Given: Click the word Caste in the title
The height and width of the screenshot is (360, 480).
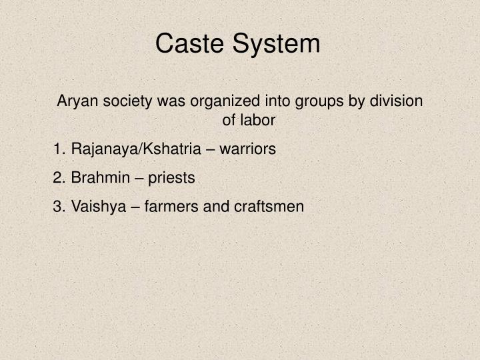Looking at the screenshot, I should pyautogui.click(x=191, y=44).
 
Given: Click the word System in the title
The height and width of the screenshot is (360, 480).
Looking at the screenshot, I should pyautogui.click(x=276, y=44).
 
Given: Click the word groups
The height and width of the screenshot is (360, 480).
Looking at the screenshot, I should pyautogui.click(x=310, y=101).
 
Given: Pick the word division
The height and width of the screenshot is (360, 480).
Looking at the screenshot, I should pyautogui.click(x=396, y=101).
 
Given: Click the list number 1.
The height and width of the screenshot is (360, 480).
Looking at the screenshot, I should pyautogui.click(x=58, y=149).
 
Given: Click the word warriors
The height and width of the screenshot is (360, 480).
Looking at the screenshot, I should pyautogui.click(x=247, y=149).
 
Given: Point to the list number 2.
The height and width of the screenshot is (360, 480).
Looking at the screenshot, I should pyautogui.click(x=58, y=178).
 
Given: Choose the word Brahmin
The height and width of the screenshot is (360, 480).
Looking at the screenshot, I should pyautogui.click(x=96, y=178).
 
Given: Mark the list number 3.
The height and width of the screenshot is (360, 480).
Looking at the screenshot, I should pyautogui.click(x=58, y=207).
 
